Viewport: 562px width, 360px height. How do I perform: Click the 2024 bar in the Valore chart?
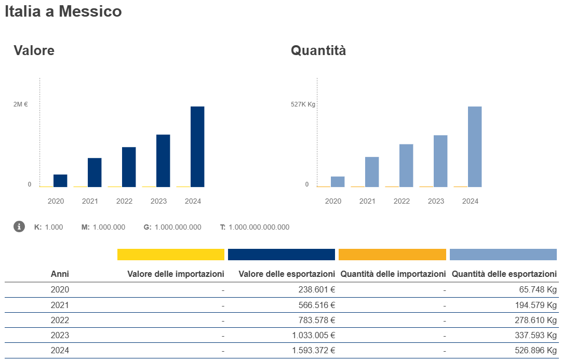(197, 146)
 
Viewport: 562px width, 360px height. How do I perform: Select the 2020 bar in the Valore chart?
(60, 180)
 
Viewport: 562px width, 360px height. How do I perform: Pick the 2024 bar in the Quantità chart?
(475, 146)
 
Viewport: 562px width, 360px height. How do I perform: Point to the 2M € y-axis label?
(20, 104)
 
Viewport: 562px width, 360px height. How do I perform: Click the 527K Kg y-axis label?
(303, 104)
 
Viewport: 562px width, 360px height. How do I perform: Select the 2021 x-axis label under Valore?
(90, 201)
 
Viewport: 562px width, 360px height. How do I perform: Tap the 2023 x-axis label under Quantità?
(436, 201)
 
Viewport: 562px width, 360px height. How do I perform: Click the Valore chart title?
(34, 50)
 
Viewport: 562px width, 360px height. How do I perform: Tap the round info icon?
(19, 226)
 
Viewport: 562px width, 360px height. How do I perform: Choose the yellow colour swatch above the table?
(170, 255)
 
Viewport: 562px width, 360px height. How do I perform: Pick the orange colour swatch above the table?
(392, 255)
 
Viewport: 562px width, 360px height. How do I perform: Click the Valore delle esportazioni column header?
(287, 274)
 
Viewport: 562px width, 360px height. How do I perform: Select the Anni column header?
(60, 274)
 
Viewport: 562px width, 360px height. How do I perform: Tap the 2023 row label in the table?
(60, 335)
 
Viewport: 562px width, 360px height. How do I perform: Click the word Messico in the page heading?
(90, 11)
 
